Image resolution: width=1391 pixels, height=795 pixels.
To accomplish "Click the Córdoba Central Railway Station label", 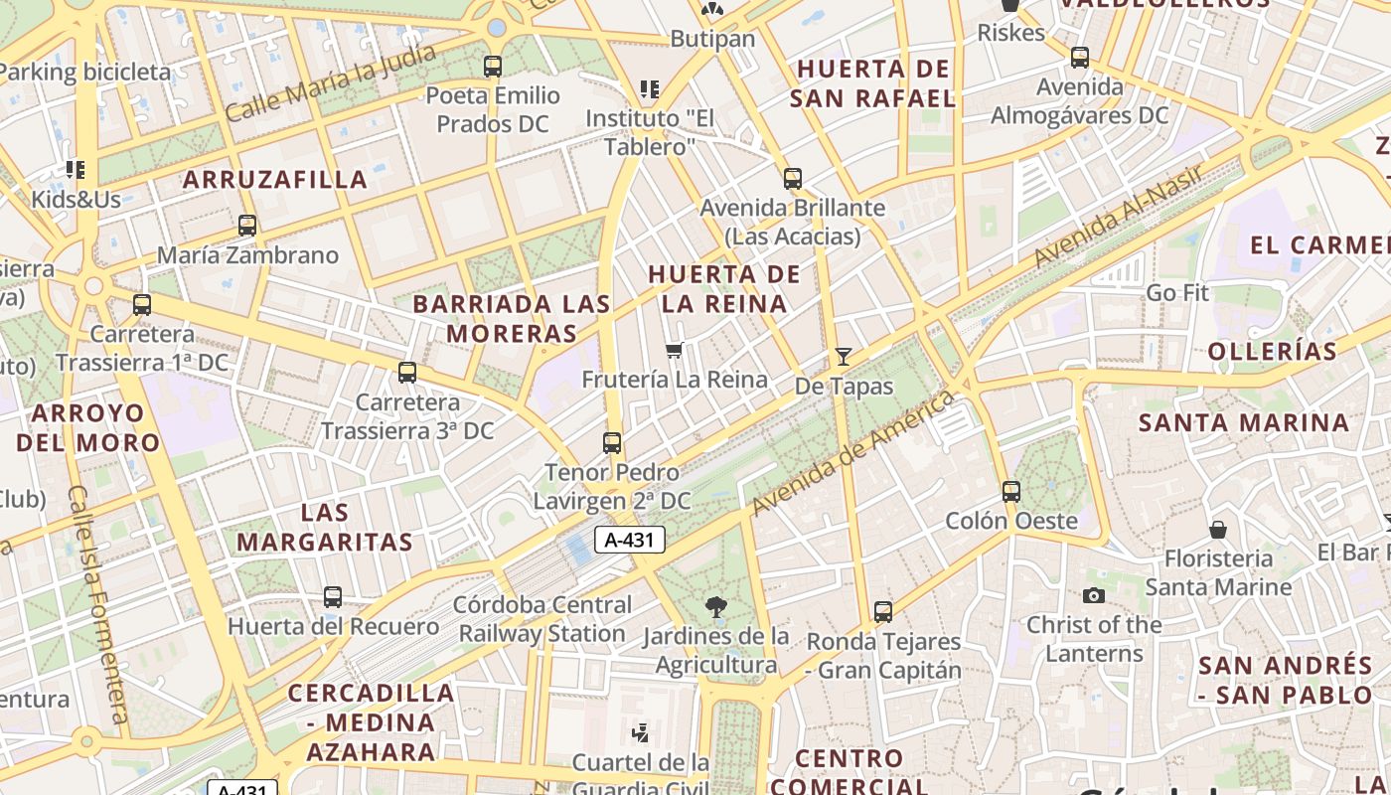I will coord(542,619).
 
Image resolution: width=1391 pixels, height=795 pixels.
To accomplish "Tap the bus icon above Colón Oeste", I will coord(1011,491).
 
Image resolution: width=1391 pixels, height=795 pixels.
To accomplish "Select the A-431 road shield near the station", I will coord(629,540).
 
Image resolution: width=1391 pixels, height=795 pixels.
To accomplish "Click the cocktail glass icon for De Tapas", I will coord(844,356).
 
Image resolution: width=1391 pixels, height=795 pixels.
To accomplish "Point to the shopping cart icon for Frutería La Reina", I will coord(675,349).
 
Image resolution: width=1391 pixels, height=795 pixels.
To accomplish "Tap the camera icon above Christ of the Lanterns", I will coord(1094,595).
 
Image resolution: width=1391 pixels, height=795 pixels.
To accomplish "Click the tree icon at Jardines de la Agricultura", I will coord(715,606).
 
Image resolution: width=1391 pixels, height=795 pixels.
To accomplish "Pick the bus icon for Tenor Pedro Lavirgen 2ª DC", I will coord(612,443).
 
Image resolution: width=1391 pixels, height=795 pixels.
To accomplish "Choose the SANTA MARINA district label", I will coord(1244,422).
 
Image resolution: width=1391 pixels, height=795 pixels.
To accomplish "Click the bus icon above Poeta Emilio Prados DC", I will coord(493,67).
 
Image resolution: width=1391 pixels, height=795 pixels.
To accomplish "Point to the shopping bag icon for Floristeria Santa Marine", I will coord(1218,530).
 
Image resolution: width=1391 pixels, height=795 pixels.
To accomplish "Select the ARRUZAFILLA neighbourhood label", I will coord(275,180).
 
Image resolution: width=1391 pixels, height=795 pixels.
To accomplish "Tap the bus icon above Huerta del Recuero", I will coord(333,597).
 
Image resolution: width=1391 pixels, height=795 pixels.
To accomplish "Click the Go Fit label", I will coord(1177,293).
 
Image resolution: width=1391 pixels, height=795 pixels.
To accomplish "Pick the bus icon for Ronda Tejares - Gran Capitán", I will coord(883,612).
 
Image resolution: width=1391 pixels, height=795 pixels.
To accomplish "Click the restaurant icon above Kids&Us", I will coord(76,170).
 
